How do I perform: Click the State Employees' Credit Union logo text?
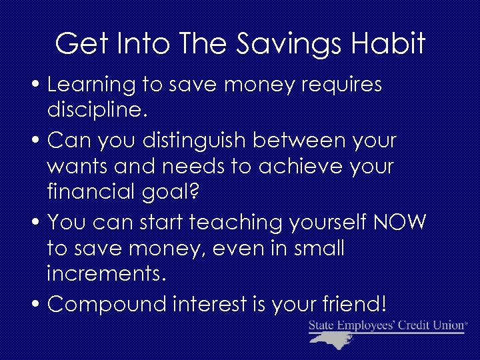pos(387,325)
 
